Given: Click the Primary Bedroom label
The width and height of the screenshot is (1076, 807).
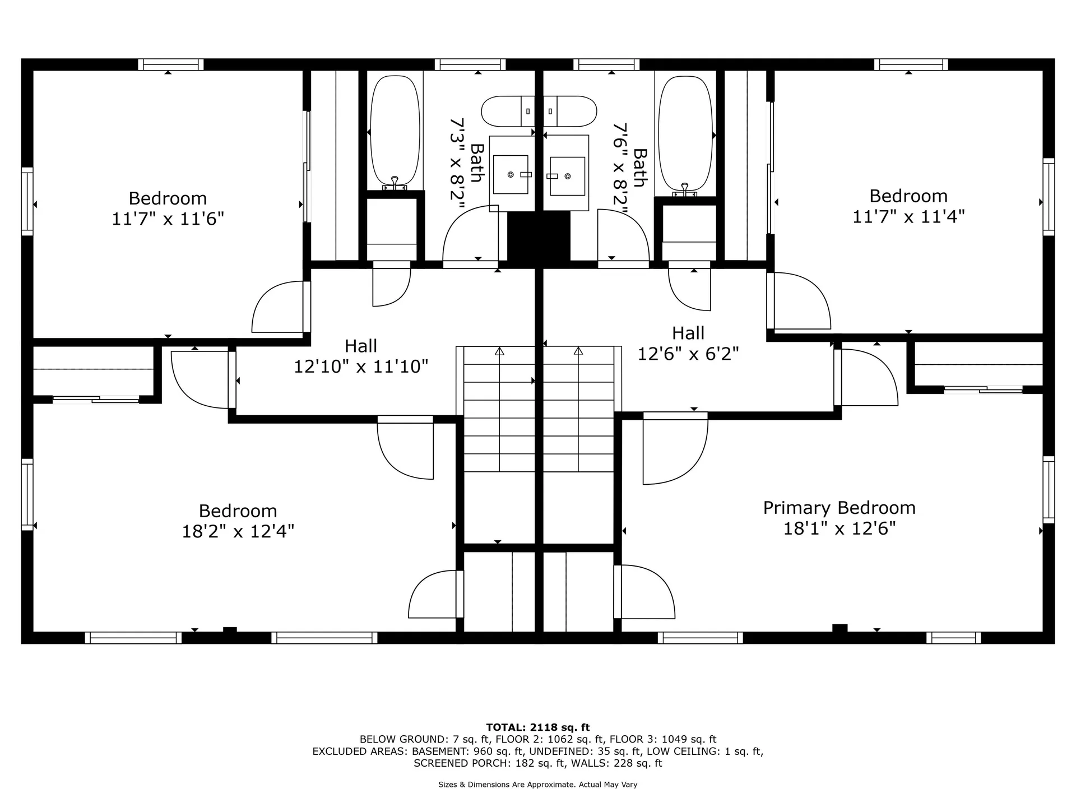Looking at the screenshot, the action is coord(839,508).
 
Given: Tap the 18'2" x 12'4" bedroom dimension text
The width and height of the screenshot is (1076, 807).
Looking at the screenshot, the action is coord(238,531).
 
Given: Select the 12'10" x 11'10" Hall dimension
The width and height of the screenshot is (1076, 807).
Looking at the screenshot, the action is coord(361,367).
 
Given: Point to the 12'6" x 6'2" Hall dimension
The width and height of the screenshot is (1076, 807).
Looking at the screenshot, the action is coord(688,354).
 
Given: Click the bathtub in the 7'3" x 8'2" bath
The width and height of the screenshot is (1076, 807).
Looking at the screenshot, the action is coord(395,132).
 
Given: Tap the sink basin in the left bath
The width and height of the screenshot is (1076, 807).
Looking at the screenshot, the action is coord(511,174).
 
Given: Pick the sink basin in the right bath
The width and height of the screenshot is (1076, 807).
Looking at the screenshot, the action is coord(567,176).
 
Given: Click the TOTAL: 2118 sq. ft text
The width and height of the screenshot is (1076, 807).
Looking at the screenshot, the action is coord(538,727).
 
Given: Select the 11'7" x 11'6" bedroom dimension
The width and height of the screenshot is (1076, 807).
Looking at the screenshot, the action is coord(168,218).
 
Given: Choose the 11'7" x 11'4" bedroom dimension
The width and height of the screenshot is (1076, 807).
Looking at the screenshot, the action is coord(908,216).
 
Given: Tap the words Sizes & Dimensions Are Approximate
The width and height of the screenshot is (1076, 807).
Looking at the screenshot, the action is coord(507,785).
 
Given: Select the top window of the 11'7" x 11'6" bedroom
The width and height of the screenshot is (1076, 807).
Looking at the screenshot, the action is coord(171,64).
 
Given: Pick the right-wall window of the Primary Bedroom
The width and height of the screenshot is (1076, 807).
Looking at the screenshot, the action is coord(1049,490).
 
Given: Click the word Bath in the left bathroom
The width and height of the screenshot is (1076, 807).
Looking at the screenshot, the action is coord(477,163).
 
